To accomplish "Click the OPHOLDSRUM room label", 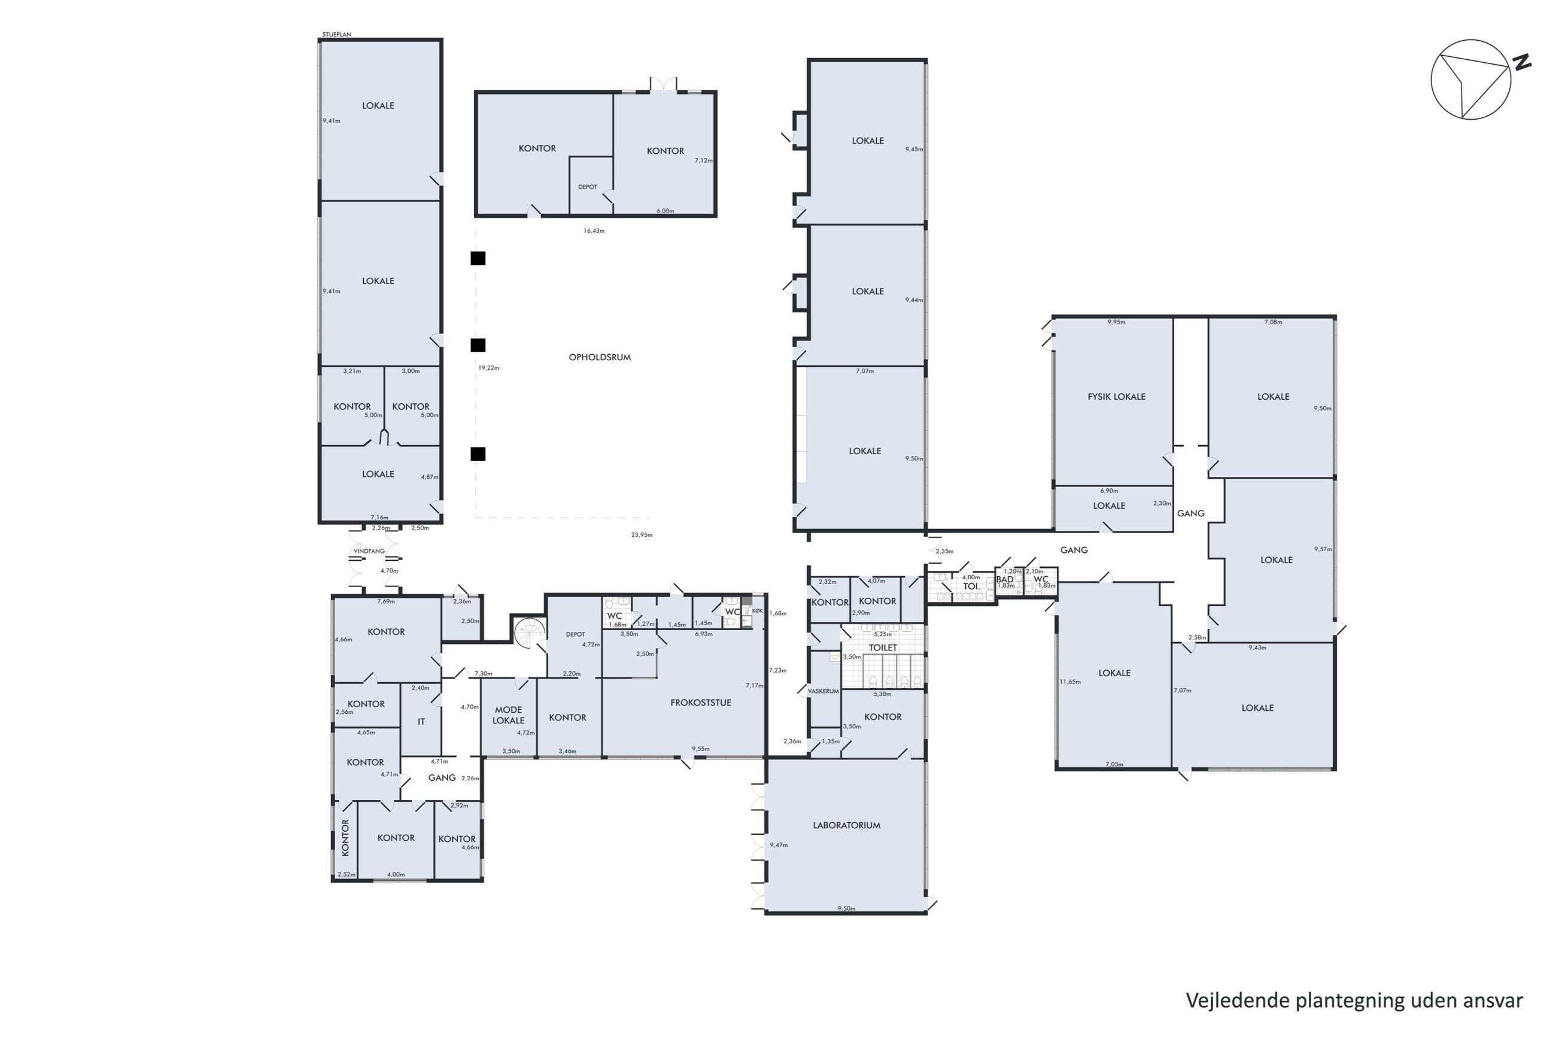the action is (599, 357).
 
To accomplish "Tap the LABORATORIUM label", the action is (846, 825).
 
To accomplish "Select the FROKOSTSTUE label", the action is (700, 703).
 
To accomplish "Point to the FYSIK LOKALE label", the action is (1116, 397).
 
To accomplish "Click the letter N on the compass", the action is (1522, 63).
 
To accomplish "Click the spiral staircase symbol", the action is (531, 633).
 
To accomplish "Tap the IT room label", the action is (421, 722).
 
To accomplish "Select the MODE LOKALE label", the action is (509, 715).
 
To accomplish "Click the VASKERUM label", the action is (823, 691).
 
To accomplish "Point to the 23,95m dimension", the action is (642, 534).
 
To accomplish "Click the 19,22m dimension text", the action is (489, 368).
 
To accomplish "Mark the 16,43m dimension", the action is (594, 231).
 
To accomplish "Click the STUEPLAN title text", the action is (336, 34).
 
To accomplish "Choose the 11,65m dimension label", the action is (1070, 682).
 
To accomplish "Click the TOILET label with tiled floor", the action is (883, 647).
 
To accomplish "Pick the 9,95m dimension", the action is (1116, 322).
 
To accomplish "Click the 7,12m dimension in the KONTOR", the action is (704, 160).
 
